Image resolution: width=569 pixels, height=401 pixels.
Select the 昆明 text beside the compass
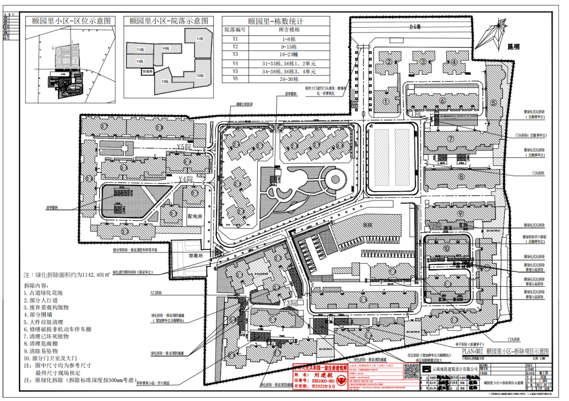(513, 47)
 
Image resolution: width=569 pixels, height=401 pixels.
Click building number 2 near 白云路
(389, 62)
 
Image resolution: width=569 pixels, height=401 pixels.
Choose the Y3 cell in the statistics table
(236, 54)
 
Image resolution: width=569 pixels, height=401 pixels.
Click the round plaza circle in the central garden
(335, 179)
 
